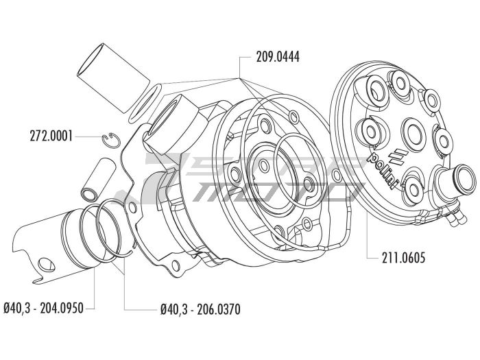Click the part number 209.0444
tap(278, 57)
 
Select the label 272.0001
tap(51, 136)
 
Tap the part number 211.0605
tap(403, 258)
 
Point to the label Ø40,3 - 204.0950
tap(43, 308)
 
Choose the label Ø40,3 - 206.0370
tap(200, 309)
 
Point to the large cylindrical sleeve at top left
tap(113, 79)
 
